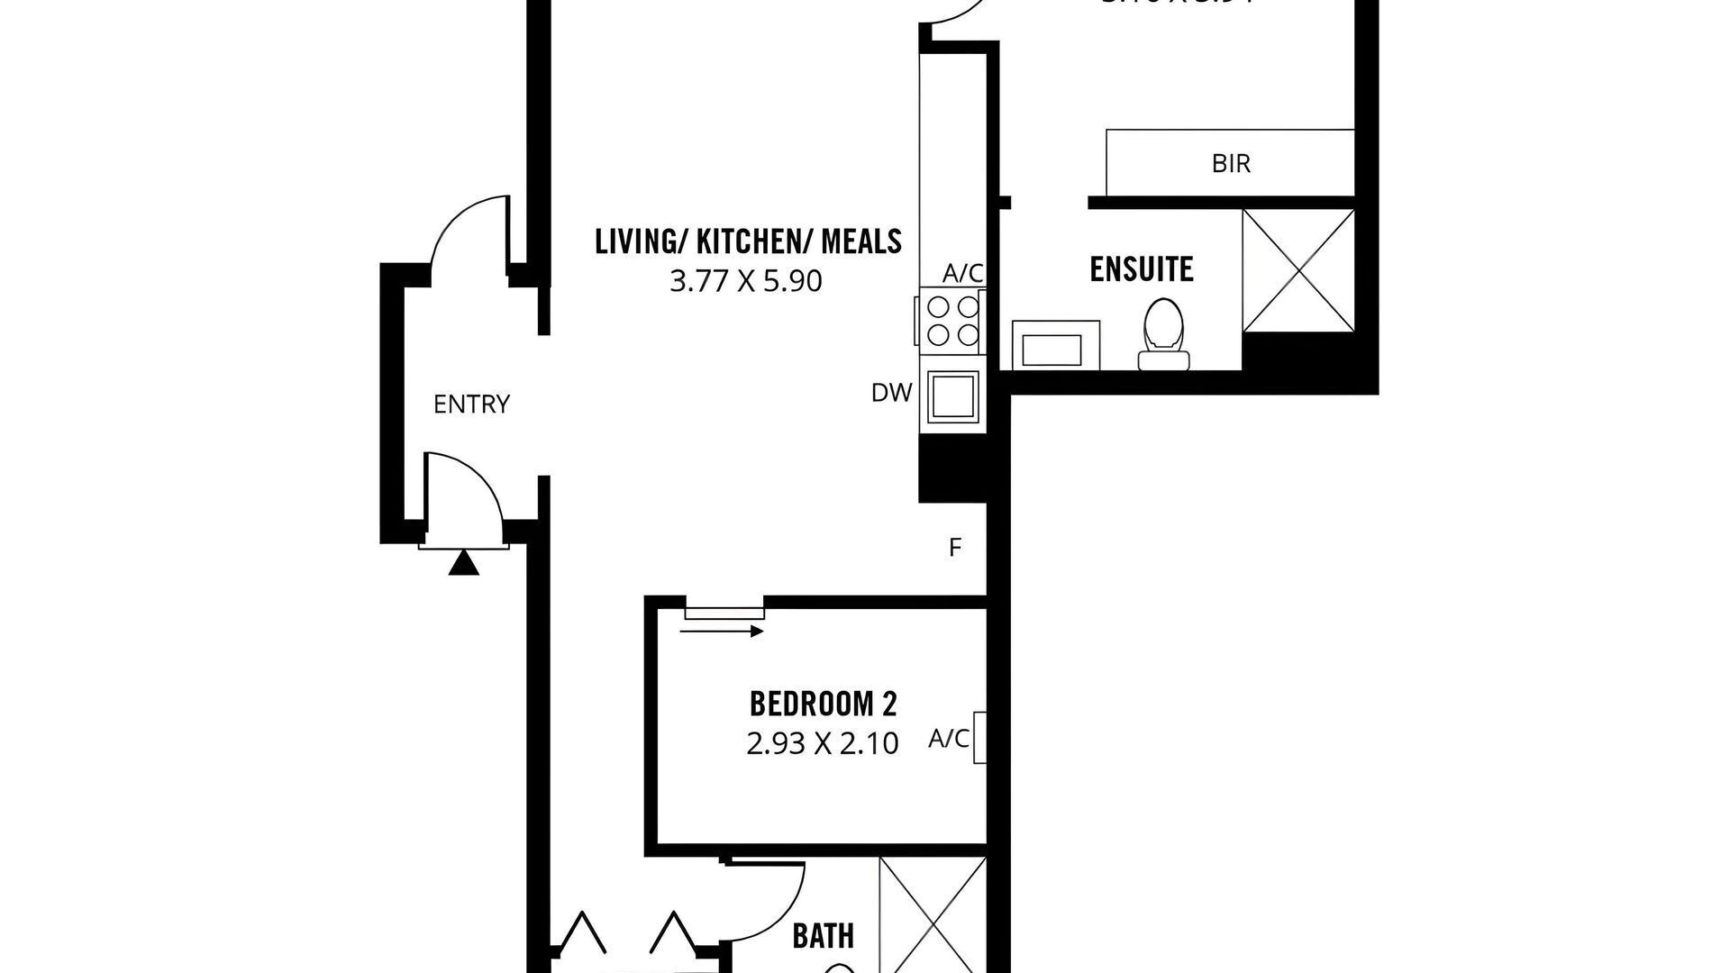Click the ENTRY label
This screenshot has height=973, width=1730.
pos(471,405)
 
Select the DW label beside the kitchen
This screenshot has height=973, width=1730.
pos(891,393)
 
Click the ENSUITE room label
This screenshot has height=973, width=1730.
pos(1141,269)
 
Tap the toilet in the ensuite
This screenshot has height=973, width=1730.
pos(1163,334)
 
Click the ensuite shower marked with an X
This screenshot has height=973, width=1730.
pos(1297,269)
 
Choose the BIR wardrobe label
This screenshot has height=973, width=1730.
pos(1231,164)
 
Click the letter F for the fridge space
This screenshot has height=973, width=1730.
pos(955,547)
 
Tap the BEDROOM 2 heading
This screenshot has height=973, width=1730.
pos(824,703)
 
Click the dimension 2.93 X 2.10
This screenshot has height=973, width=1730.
pos(822,744)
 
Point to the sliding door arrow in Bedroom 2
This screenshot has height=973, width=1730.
pos(722,632)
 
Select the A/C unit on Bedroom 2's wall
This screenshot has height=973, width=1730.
pos(979,738)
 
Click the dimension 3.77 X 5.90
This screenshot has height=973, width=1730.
pos(745,282)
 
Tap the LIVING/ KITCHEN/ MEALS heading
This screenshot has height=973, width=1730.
pos(748,241)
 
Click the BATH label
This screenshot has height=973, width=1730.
pos(823,936)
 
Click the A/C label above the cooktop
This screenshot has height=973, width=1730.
pos(962,273)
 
